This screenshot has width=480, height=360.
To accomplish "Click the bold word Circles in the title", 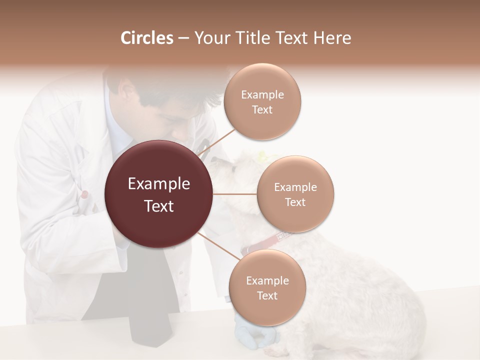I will tap(147, 38).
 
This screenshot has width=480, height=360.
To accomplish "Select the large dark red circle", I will tap(159, 194).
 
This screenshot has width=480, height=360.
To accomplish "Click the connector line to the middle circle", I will tap(235, 194).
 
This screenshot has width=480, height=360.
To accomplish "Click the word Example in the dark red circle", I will tap(159, 184).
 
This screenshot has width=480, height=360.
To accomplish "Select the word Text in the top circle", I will tap(262, 110).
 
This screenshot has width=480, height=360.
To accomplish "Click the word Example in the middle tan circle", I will tap(295, 187).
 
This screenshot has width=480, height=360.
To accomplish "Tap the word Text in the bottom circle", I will tap(267, 296).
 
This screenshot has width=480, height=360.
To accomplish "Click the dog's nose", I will tap(214, 160).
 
